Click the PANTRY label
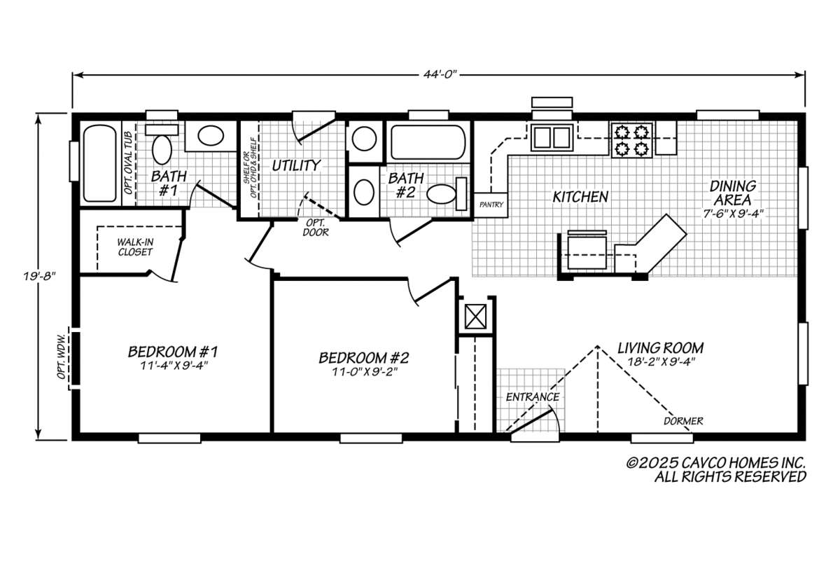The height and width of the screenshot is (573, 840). tap(491, 205)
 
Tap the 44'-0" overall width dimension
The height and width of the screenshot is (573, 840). tap(441, 74)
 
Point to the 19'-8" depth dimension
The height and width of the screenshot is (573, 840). tap(39, 277)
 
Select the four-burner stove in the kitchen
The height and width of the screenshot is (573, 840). tap(632, 140)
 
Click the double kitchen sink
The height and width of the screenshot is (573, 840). tap(552, 137)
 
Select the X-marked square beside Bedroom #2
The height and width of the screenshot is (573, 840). tap(475, 317)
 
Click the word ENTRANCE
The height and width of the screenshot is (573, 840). tap(533, 396)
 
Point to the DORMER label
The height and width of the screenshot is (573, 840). tap(683, 421)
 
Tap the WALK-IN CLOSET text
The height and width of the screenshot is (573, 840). tap(135, 247)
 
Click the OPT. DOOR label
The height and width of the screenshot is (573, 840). tap(316, 227)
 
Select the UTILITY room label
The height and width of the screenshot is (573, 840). tap(296, 165)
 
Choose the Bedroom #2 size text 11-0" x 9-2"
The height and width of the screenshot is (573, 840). tap(364, 372)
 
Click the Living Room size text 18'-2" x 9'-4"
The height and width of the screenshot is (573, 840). tap(660, 361)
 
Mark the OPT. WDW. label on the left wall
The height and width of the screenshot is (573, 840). tap(62, 357)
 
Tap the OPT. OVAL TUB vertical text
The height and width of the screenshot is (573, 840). tap(129, 163)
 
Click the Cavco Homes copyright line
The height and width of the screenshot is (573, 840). tap(716, 462)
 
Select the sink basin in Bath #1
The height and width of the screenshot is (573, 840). tap(211, 136)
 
